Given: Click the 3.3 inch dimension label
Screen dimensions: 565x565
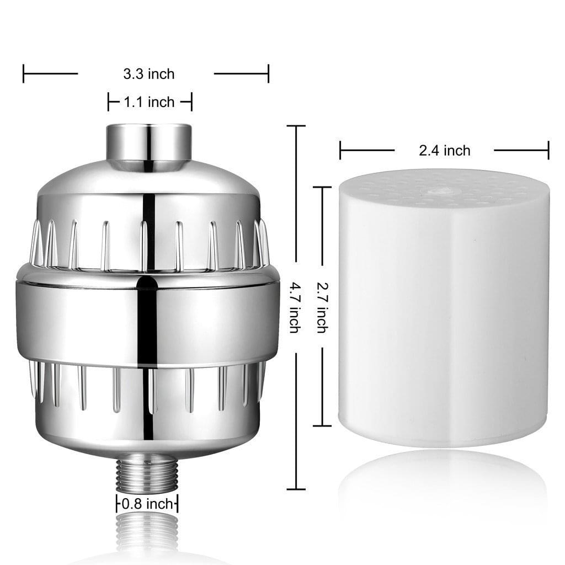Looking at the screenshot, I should coord(148,73).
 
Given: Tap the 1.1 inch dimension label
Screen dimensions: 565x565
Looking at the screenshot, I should coord(149,102).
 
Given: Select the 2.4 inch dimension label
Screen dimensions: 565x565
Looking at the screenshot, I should coord(444,150).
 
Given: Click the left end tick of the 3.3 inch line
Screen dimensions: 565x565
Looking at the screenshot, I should coord(23,73).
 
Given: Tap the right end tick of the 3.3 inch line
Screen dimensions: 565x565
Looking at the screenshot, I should coord(268,73).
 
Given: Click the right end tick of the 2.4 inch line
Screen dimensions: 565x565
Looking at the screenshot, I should coord(548,150).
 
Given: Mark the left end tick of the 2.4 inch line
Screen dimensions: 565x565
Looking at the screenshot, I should coord(340,150).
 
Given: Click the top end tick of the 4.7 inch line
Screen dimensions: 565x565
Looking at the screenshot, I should coord(296,126).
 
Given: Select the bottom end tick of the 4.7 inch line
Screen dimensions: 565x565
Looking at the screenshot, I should coord(296,489).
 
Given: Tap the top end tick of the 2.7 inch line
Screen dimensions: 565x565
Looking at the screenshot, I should coord(322,188).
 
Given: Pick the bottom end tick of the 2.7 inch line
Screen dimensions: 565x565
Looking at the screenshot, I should coord(322,425).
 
